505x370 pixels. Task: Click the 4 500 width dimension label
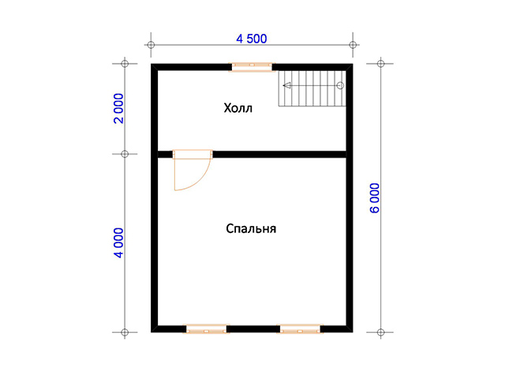(252, 39)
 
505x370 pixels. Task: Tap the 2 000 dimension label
(119, 108)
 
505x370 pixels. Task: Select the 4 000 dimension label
(119, 242)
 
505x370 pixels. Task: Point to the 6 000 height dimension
(375, 198)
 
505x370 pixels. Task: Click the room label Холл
(238, 108)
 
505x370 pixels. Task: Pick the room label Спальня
(251, 228)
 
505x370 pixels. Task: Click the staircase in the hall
(312, 88)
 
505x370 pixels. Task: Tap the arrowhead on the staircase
(286, 86)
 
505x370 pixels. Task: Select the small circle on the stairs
(340, 86)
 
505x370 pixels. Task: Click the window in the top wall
(252, 67)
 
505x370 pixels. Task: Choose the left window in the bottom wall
(206, 329)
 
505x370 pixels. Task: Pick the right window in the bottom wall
(300, 329)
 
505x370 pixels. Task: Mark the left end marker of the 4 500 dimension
(151, 45)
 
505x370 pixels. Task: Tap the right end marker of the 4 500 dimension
(353, 45)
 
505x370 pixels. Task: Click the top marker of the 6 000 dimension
(380, 64)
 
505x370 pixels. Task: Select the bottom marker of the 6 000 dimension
(380, 332)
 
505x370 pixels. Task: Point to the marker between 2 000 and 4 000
(125, 154)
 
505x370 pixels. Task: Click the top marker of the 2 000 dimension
(125, 64)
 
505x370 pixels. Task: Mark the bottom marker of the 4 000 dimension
(125, 332)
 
